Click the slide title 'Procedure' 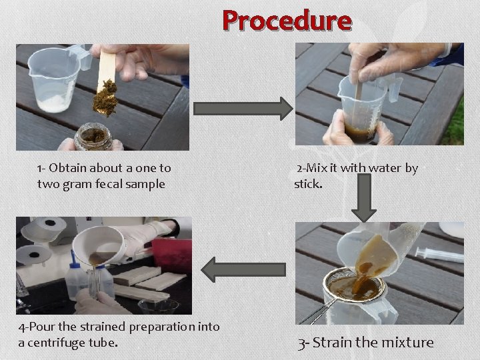point(287,21)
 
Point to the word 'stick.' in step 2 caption point(308,184)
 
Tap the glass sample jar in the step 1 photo point(93,136)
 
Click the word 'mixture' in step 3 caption point(407,343)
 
